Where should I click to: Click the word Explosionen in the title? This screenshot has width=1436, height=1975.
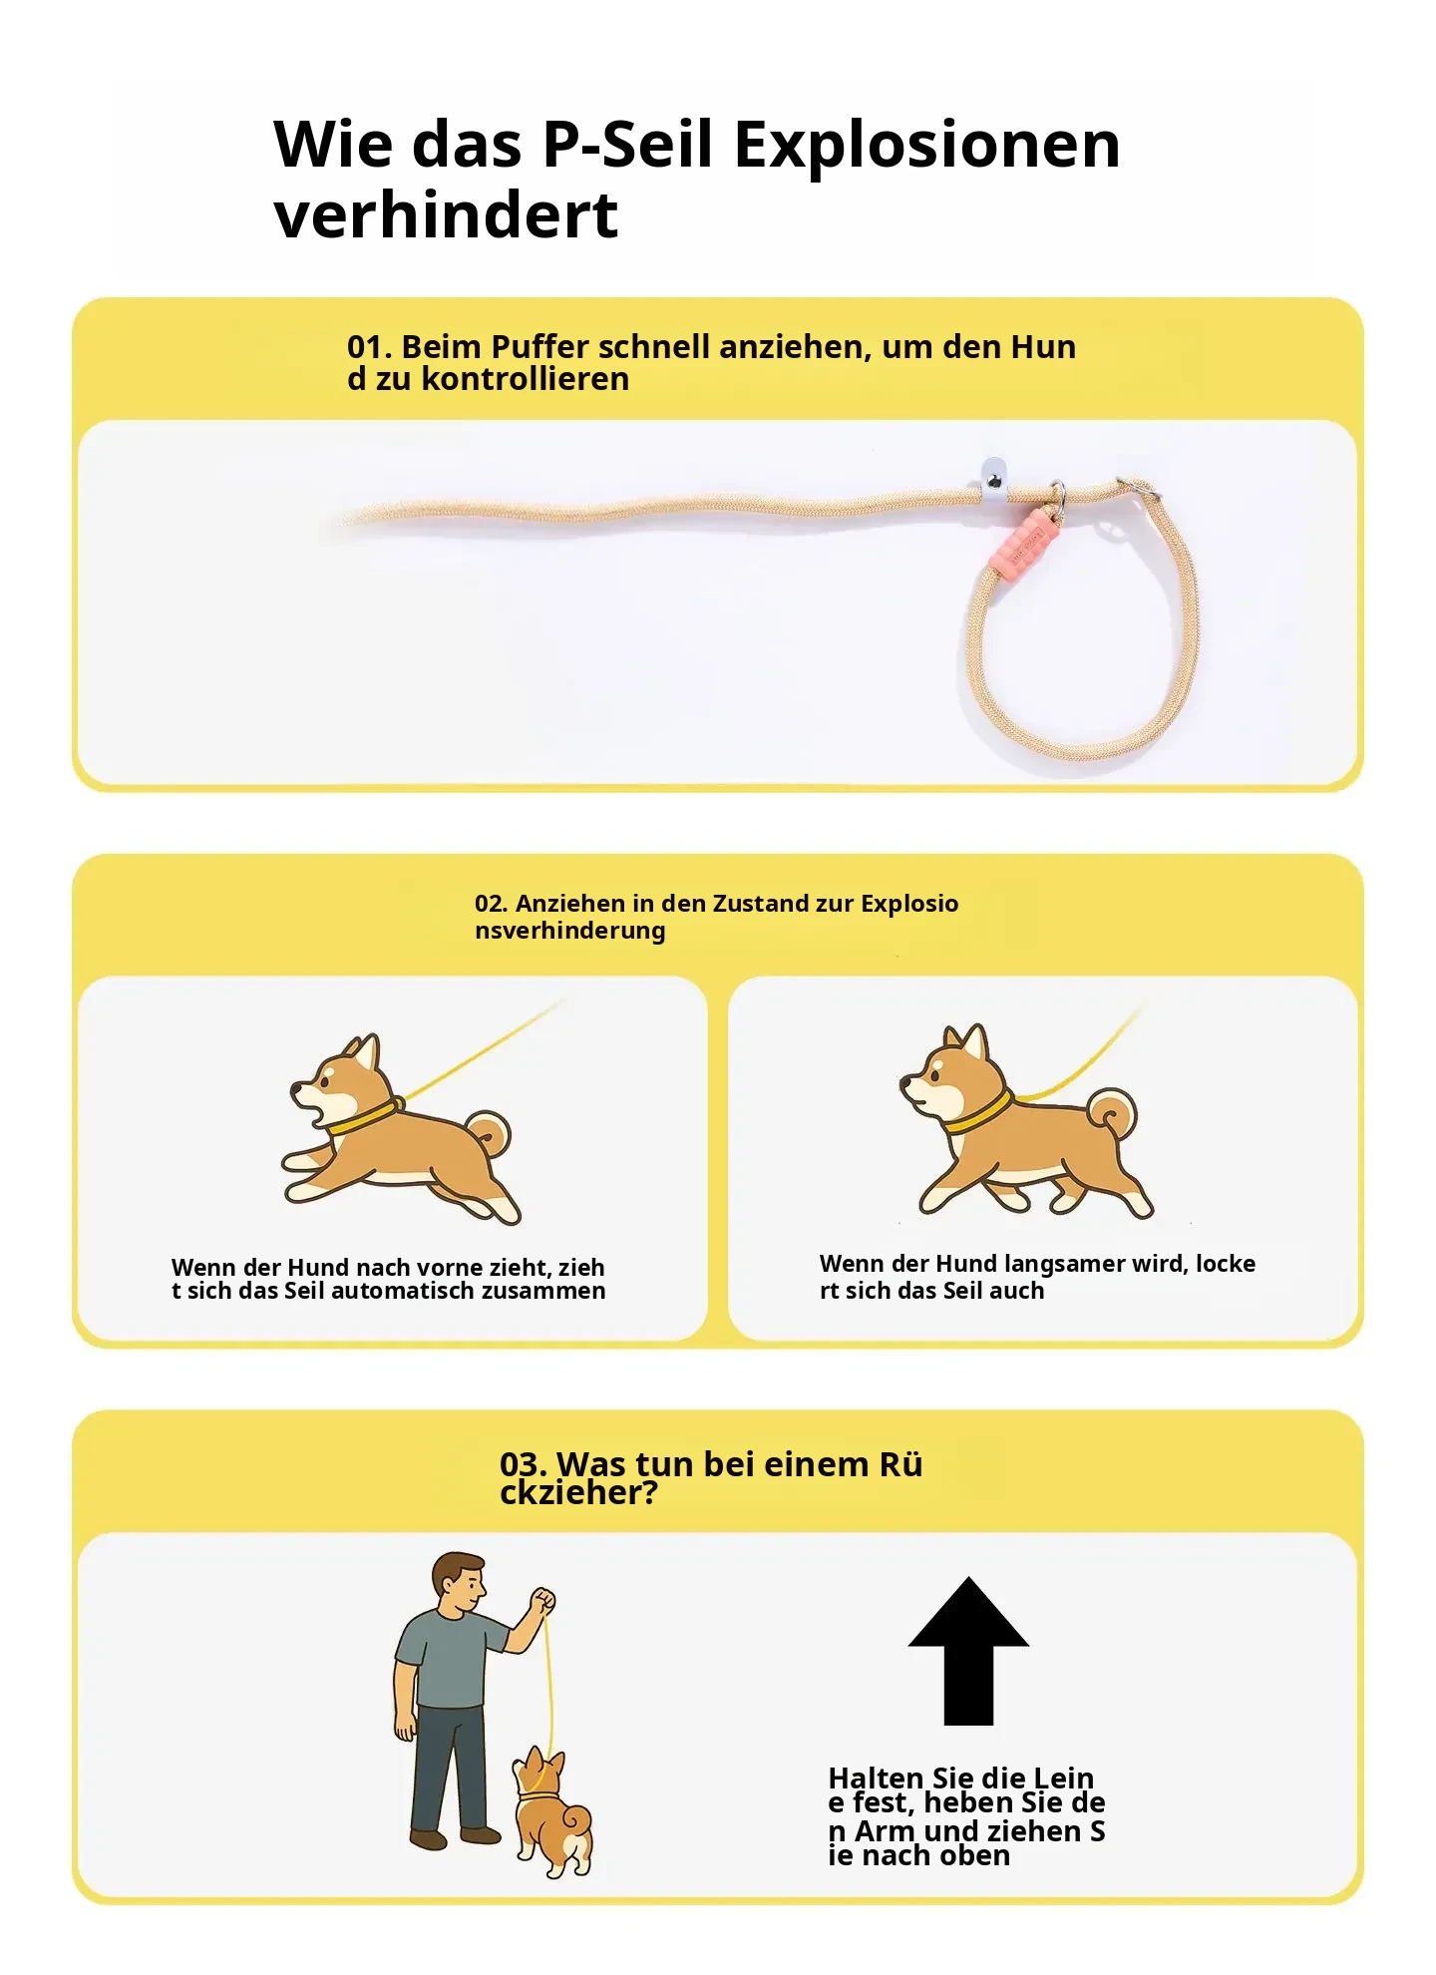pos(927,146)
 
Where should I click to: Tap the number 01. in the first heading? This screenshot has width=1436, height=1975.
pos(369,347)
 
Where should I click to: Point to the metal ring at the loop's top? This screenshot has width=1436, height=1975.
pos(1137,489)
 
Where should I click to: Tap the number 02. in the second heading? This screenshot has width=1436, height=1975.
pos(492,904)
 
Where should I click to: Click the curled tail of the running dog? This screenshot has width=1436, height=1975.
pos(490,1134)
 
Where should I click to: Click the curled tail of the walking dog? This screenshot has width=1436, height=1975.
pos(1114,1115)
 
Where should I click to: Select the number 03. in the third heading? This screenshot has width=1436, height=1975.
pos(524,1464)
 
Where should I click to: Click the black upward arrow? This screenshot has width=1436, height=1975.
pos(968,1651)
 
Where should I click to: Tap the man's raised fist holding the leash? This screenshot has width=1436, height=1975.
pos(542,1600)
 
